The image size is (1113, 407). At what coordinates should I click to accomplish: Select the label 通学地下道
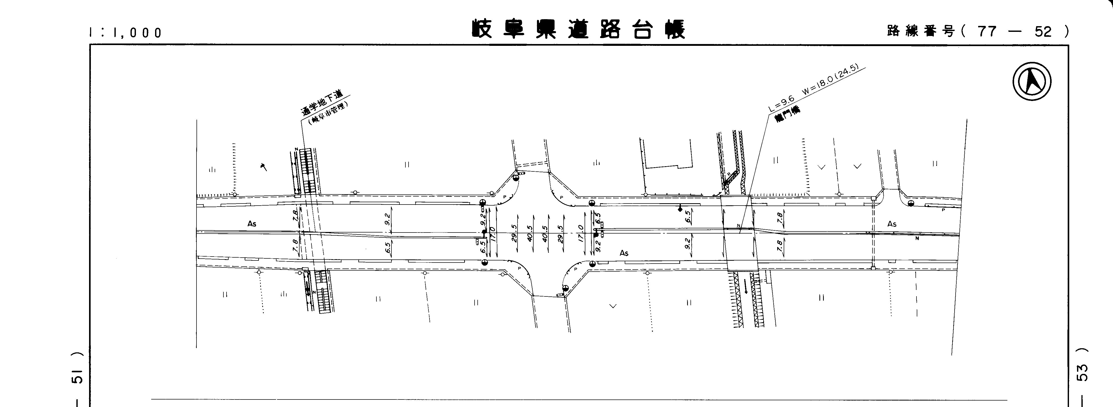(x=322, y=103)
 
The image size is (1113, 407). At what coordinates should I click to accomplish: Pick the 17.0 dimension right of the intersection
(x=581, y=233)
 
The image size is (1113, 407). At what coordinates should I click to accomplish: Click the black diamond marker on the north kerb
(x=680, y=209)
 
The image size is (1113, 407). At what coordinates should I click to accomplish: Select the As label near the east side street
(x=892, y=224)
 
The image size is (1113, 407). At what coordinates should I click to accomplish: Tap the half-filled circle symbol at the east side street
(x=911, y=203)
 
